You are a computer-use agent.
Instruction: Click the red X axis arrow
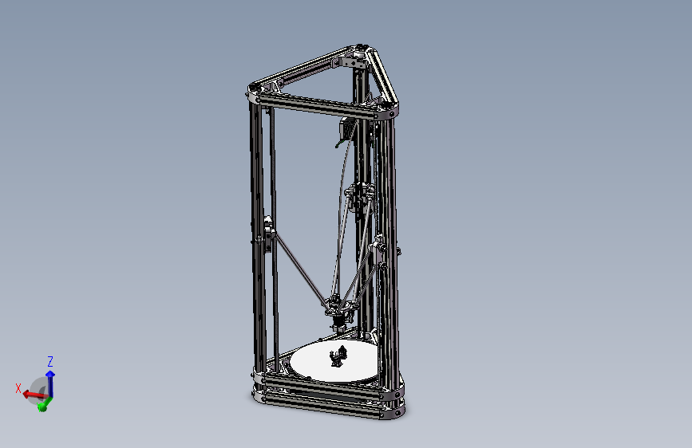pos(31,393)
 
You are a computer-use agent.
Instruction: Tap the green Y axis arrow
pos(43,403)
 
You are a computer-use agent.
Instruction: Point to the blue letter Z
pos(50,360)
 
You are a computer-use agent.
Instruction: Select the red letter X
pos(18,387)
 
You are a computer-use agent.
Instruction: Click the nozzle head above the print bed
pos(337,320)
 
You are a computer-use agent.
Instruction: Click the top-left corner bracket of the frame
pos(254,92)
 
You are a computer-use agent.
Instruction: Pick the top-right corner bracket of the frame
pos(389,110)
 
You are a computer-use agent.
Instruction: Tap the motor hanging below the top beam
pos(346,129)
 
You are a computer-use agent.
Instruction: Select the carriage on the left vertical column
pos(267,235)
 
